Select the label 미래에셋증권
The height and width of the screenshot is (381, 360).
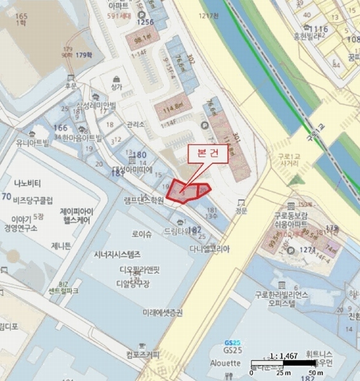point(163,312)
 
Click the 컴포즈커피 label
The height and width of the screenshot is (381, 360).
point(143,354)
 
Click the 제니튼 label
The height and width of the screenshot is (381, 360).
point(61,245)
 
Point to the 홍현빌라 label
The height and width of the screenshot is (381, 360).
point(308,37)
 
